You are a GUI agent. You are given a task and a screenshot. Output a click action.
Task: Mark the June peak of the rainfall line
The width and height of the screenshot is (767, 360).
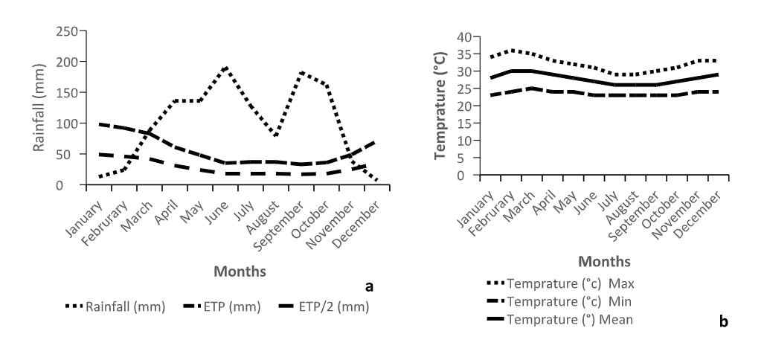[x=225, y=68]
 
